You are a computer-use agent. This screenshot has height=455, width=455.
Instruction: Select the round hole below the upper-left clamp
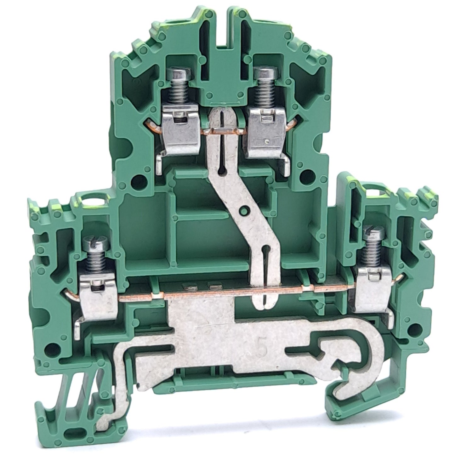136,180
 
